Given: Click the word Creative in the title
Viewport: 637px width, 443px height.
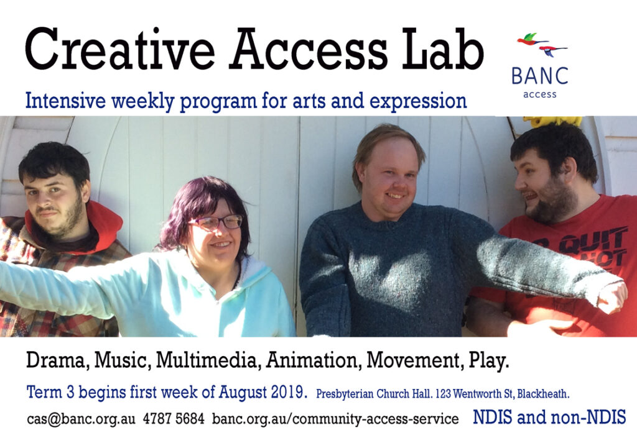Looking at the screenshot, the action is point(120,50).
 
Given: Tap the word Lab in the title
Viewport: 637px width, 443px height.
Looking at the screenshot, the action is point(443,50).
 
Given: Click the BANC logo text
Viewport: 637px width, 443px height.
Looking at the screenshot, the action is point(540,76).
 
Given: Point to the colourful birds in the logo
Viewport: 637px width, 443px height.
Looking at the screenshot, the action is point(542,45).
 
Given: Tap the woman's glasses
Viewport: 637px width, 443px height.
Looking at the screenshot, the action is point(216,222).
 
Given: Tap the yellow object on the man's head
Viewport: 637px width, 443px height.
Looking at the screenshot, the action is point(552,121).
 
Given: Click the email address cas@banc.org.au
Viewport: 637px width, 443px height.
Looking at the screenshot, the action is point(81,419).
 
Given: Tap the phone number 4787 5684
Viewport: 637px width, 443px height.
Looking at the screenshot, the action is point(174,419).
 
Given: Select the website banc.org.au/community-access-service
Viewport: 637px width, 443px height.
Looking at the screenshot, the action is point(335,419).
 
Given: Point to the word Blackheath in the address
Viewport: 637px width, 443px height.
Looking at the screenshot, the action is point(543,394).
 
